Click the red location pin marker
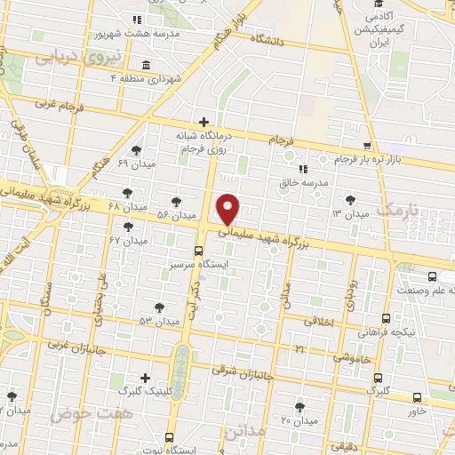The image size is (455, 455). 228,208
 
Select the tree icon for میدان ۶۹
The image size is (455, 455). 135,150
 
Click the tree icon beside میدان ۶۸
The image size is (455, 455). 128,192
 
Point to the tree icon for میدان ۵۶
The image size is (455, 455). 178,201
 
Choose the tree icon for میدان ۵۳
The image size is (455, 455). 160,307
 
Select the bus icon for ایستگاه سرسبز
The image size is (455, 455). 199,251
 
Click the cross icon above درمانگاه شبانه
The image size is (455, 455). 204,122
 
